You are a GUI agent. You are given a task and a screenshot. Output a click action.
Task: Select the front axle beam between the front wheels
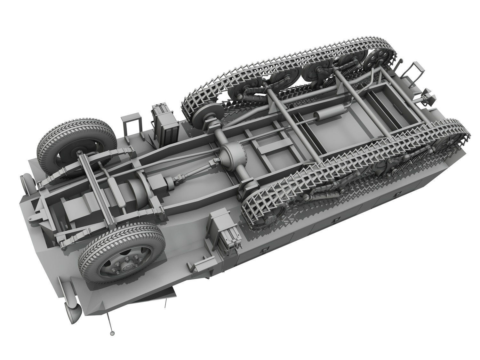tap(96, 186)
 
